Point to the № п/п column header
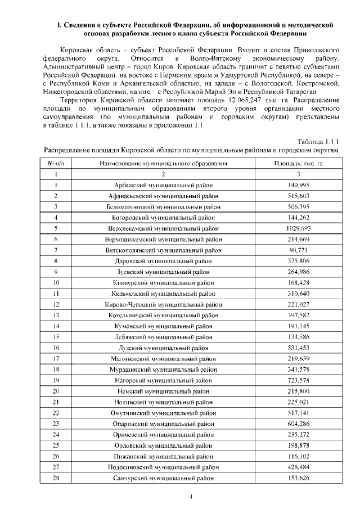coord(57,163)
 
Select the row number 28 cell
coord(57,478)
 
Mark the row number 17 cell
coord(57,358)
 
